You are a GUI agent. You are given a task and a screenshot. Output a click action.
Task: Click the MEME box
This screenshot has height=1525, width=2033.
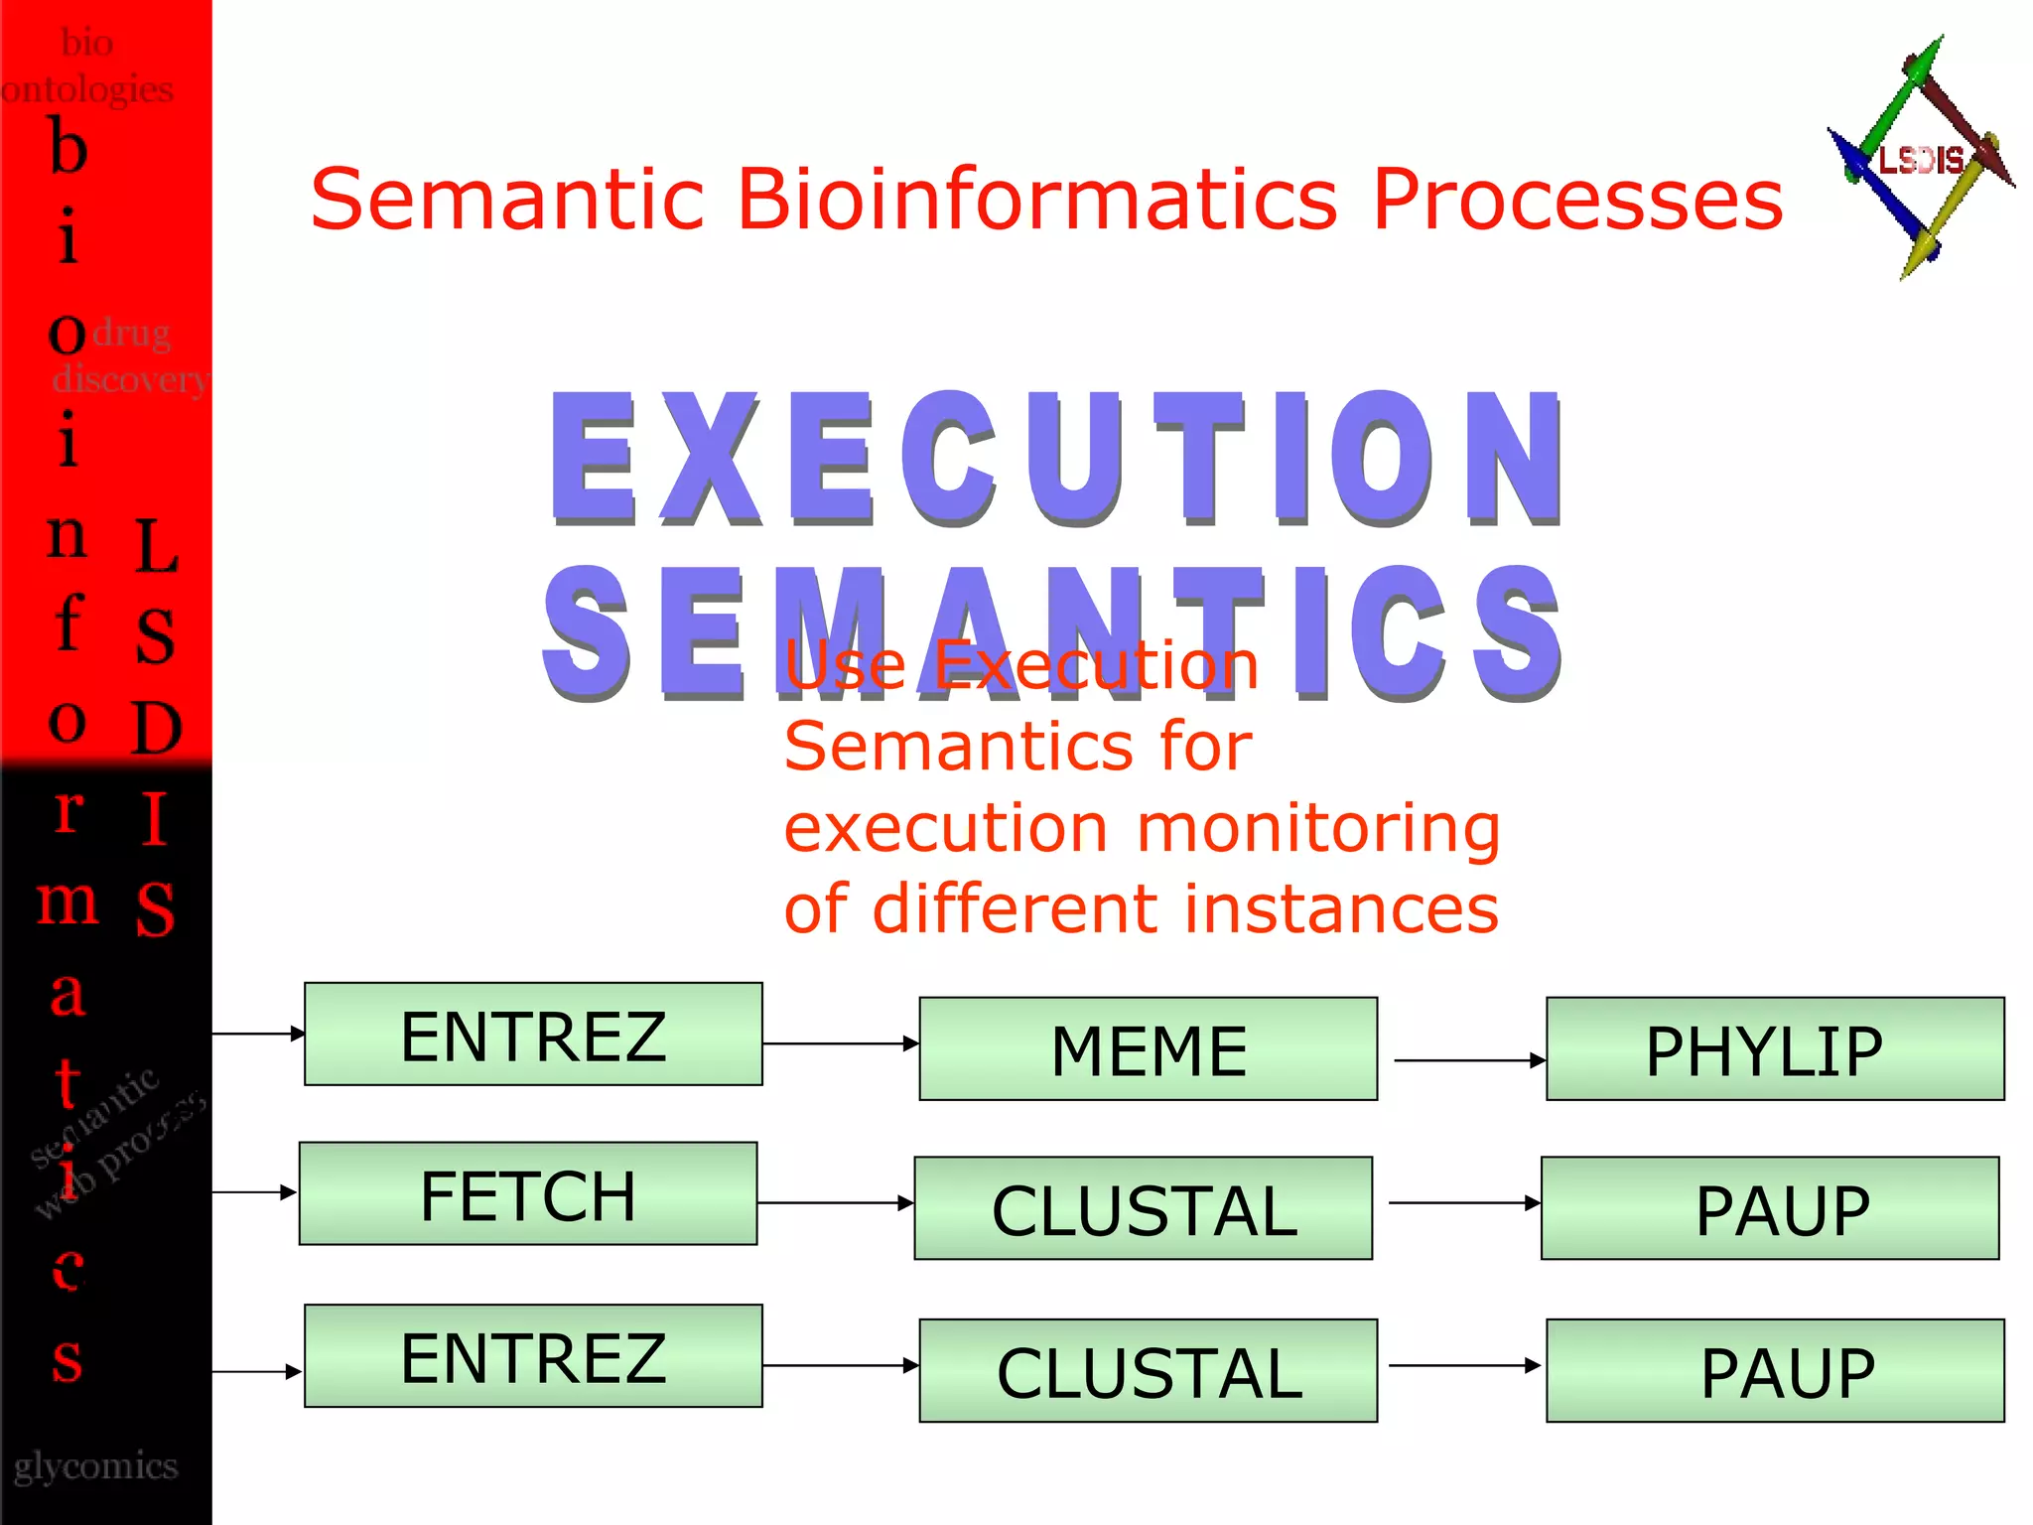1148,1048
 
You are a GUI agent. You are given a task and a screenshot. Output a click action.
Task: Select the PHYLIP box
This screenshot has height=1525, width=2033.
1775,1048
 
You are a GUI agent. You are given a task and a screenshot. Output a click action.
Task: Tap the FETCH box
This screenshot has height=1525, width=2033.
528,1193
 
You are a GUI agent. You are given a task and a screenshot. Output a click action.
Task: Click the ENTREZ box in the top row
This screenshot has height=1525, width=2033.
533,1034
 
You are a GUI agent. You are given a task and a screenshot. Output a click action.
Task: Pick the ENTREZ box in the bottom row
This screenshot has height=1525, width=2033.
533,1355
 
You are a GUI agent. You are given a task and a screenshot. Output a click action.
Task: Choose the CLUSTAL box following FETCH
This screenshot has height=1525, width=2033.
1143,1208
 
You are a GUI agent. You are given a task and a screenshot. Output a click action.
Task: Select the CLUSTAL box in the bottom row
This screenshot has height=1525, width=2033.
1148,1370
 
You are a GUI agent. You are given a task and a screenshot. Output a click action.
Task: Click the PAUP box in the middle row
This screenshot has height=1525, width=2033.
1770,1208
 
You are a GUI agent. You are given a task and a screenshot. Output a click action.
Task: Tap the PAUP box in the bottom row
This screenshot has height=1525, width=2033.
1775,1370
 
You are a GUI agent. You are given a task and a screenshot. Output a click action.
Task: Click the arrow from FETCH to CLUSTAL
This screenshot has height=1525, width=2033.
834,1202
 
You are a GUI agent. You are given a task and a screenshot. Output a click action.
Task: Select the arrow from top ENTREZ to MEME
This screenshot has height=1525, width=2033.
840,1043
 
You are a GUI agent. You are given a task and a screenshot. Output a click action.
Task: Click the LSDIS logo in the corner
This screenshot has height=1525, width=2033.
1921,159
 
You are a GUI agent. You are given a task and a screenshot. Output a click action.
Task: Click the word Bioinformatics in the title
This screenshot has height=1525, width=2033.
1037,199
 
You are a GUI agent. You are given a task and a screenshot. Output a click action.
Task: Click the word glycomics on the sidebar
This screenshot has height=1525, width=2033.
96,1466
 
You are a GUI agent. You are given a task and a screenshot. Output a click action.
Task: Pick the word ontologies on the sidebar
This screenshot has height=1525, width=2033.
87,89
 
